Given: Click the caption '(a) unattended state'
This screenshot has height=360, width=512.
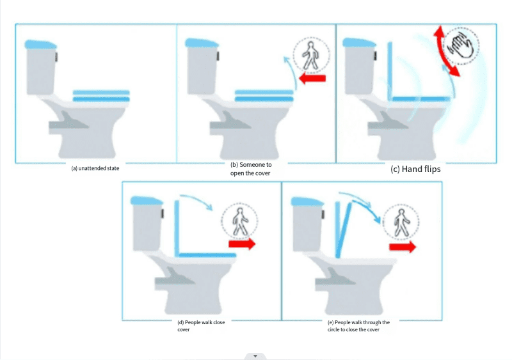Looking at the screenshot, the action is point(95,168).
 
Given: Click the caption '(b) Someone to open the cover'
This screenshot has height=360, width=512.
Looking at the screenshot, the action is point(251,169).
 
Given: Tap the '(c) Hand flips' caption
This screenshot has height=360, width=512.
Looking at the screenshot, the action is point(415,169).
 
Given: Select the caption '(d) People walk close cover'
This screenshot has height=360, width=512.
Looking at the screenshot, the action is point(201,325).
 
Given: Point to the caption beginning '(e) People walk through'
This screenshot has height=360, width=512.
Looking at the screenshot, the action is point(358,325).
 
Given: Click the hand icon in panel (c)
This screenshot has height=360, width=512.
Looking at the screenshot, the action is point(460,45).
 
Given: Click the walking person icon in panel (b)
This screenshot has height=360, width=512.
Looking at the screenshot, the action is point(310,56).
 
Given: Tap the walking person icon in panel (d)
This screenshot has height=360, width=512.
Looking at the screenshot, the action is point(240,222).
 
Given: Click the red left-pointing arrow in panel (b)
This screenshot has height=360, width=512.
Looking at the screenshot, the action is point(312,79).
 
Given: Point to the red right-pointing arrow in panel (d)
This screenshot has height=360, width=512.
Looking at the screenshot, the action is point(242,244).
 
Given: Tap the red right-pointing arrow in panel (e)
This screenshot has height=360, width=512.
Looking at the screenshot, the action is point(403,247).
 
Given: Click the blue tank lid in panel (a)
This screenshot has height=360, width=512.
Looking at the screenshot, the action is point(40,44).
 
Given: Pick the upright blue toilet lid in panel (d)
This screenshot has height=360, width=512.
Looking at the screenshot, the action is point(177,228).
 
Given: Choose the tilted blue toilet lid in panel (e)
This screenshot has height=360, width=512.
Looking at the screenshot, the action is point(344,230).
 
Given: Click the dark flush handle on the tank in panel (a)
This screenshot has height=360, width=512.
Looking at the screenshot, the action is point(56,57).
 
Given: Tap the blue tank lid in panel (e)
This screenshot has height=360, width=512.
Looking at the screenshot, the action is point(307,201).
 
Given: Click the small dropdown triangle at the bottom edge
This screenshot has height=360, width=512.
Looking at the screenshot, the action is point(255,356).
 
